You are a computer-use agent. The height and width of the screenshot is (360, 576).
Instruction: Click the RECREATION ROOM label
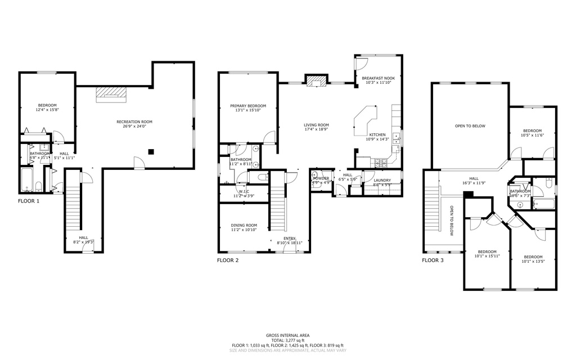click(x=134, y=121)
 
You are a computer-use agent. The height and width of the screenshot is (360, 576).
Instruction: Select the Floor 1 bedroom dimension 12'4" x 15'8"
click(x=47, y=110)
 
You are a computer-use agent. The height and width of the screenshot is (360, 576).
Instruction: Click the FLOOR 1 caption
click(x=29, y=201)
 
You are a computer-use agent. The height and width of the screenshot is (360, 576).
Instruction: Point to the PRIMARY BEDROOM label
click(x=247, y=106)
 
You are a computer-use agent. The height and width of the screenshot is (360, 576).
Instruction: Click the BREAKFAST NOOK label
click(x=378, y=78)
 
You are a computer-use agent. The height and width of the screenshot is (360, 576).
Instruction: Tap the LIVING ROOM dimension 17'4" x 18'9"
click(x=316, y=129)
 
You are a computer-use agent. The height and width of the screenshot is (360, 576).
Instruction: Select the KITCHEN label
click(x=377, y=135)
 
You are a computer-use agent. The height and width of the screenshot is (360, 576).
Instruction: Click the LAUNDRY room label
click(x=382, y=180)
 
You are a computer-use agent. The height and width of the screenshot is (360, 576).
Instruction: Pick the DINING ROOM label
click(x=244, y=225)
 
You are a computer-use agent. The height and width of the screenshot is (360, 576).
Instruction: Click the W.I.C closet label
click(x=244, y=191)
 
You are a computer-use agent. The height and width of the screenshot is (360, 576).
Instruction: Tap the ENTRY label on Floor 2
click(x=289, y=238)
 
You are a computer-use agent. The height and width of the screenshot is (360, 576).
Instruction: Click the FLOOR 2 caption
click(x=228, y=260)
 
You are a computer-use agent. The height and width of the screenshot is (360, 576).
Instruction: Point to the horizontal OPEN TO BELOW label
click(x=470, y=126)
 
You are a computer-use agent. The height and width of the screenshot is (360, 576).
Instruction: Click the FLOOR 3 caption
click(x=433, y=260)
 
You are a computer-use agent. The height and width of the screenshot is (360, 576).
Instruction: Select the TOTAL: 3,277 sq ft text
click(x=287, y=340)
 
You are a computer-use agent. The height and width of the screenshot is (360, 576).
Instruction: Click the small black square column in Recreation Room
click(x=151, y=151)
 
